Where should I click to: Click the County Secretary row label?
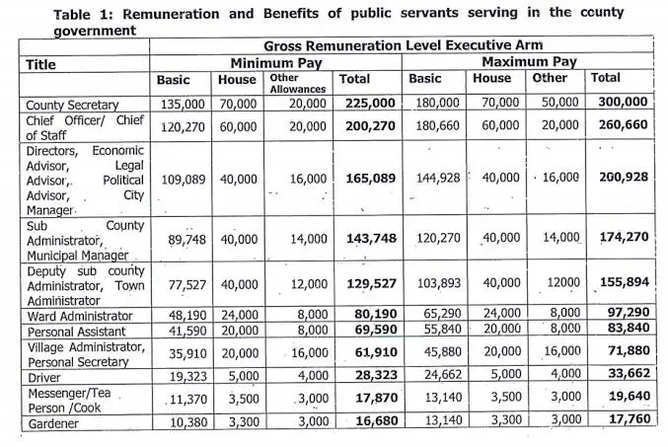pos(72,105)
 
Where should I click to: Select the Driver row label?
pos(44,378)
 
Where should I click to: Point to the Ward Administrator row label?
pos(80,316)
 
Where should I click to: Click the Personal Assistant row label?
pos(77,332)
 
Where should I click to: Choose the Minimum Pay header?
pos(276,63)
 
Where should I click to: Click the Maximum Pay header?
pos(529,62)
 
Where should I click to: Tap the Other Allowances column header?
pos(298,84)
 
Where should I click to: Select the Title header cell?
pos(40,65)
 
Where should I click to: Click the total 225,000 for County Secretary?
pos(370,104)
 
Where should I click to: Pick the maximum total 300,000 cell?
pos(623,102)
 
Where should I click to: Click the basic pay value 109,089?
pos(184,180)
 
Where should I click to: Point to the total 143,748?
pos(371,239)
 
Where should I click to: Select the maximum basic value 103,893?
pos(439,283)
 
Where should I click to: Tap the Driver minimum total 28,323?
pos(377,375)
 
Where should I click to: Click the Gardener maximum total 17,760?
pos(630,418)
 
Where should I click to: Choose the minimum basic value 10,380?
pos(188,422)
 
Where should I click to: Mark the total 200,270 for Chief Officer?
pos(370,126)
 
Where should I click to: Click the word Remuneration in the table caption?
pos(171,14)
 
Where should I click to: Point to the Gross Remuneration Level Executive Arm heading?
pos(403,45)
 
